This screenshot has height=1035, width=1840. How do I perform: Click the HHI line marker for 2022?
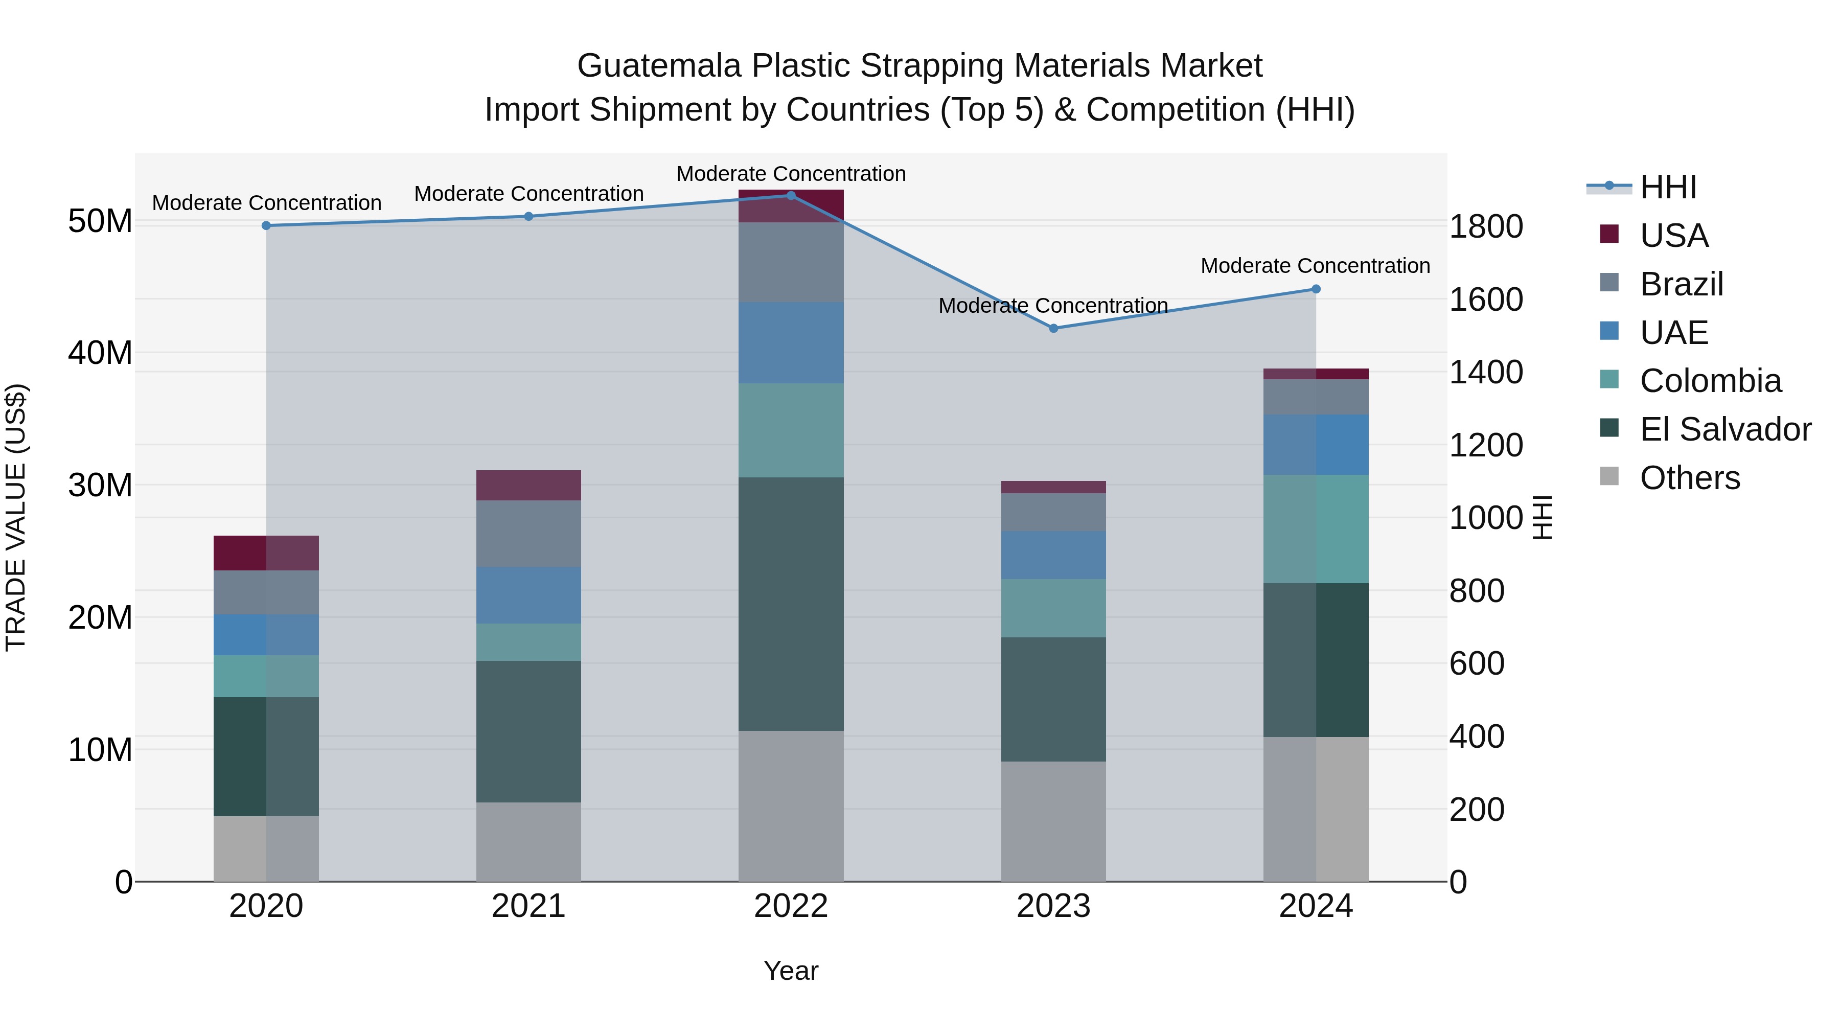(791, 196)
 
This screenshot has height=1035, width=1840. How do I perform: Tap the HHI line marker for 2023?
(1053, 329)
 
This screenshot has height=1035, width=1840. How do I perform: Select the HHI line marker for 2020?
(266, 226)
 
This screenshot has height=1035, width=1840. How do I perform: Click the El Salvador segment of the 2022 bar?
(791, 604)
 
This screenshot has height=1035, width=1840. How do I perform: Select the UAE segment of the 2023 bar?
(1053, 555)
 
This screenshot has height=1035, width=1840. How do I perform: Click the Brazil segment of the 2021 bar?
(528, 534)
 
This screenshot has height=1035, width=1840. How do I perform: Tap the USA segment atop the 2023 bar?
(1053, 487)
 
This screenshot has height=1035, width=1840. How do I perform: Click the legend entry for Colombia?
(1710, 381)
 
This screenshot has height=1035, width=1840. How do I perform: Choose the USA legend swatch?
(1609, 234)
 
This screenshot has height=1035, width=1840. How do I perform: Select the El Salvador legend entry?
(1725, 429)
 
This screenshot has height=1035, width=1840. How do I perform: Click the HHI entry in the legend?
(1668, 187)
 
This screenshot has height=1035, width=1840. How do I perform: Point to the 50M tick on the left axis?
(100, 221)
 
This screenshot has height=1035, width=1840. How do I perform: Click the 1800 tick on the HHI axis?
(1486, 226)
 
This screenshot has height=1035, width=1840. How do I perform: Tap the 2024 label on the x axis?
(1316, 906)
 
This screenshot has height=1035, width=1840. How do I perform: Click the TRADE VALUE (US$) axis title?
(16, 517)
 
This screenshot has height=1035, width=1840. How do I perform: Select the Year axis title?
(791, 971)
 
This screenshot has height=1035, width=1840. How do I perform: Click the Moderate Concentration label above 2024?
(1315, 266)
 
